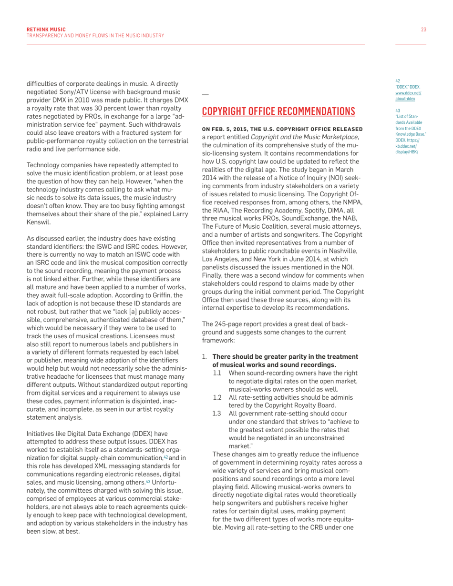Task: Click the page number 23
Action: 423,30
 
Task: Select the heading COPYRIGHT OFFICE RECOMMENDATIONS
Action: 278,111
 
